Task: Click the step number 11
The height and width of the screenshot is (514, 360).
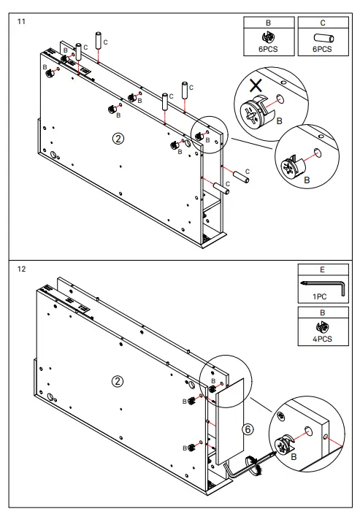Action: point(21,22)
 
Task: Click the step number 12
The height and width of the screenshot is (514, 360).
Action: point(21,269)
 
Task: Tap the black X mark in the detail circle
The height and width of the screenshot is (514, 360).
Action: point(256,85)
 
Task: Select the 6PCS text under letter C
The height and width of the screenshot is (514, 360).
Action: point(322,49)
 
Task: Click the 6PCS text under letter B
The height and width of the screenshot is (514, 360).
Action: point(268,49)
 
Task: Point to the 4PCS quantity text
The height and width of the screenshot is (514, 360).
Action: point(322,339)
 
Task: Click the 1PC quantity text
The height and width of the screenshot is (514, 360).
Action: point(319,296)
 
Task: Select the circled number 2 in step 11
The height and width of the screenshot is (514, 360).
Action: point(118,139)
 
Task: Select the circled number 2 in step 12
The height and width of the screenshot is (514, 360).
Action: point(118,382)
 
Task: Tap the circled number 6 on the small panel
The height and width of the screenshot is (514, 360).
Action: point(248,429)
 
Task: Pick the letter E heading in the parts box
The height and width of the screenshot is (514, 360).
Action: point(322,269)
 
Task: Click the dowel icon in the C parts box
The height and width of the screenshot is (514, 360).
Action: point(323,38)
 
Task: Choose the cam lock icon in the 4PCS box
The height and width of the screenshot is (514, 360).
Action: point(322,327)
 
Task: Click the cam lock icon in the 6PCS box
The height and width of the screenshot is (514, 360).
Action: point(269,37)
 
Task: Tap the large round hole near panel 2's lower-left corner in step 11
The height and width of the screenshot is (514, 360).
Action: point(53,154)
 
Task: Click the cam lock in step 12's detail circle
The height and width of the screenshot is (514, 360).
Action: point(284,446)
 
